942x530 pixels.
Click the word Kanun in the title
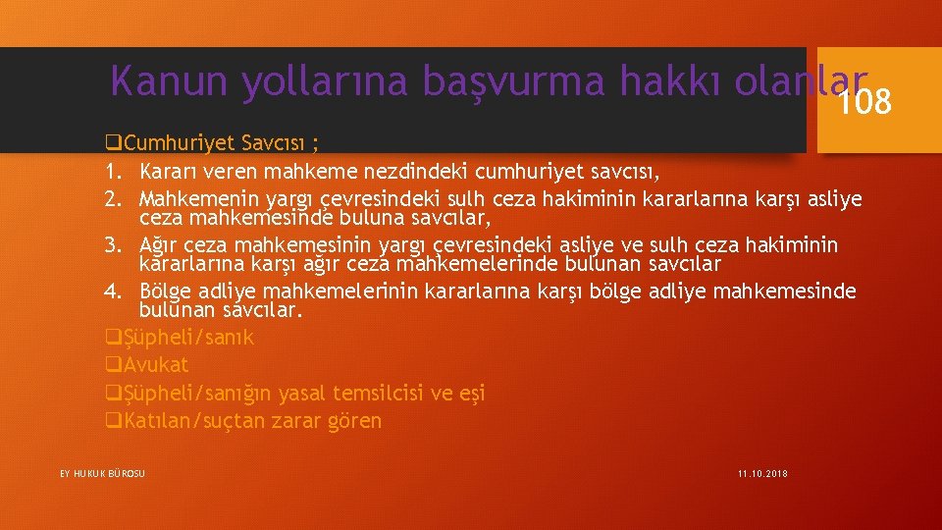170,81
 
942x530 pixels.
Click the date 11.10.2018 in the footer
762,474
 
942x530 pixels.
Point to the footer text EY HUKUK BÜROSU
102,474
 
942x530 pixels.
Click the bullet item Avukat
156,365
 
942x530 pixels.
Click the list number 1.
113,172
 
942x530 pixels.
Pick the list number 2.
113,199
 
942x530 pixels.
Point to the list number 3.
113,244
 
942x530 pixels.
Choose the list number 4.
113,291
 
